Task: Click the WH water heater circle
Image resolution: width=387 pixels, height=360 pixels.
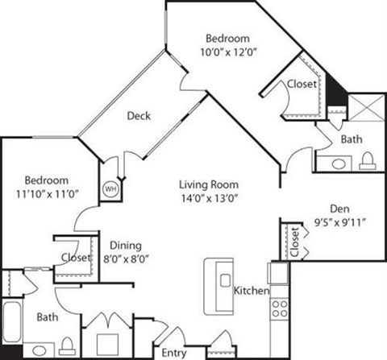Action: point(110,189)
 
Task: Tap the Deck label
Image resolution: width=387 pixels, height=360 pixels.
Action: point(139,115)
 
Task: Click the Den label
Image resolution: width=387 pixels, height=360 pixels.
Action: point(338,207)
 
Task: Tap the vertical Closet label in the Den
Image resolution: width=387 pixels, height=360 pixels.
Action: point(295,241)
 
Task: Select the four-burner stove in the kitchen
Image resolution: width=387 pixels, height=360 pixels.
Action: point(279,308)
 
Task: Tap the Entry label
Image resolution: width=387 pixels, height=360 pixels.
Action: point(173,352)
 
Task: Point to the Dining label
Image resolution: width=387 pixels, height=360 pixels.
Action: point(127,246)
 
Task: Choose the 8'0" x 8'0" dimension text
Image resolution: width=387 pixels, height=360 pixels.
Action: point(127,259)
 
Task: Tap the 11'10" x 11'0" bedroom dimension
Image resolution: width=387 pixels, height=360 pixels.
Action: point(46,194)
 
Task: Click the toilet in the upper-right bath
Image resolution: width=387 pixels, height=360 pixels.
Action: point(368,161)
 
